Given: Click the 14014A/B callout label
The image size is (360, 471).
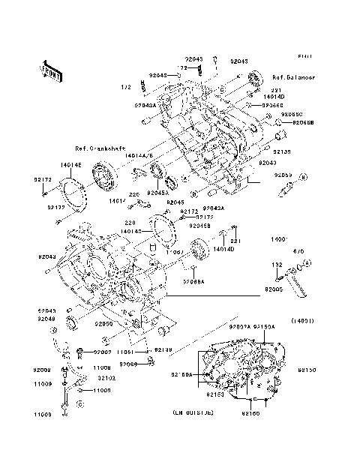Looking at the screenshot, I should [x=140, y=154].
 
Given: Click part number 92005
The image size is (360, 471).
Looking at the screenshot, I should [x=274, y=287].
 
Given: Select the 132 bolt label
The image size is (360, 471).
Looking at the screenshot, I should [x=276, y=265].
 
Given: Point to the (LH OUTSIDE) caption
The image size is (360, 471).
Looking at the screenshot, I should [x=193, y=413].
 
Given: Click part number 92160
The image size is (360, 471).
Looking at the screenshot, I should [x=250, y=413].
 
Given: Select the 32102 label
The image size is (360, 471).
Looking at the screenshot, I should [x=103, y=379].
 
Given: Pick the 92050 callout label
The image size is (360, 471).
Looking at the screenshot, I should [x=103, y=325].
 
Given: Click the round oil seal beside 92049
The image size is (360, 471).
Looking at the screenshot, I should [x=73, y=322].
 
